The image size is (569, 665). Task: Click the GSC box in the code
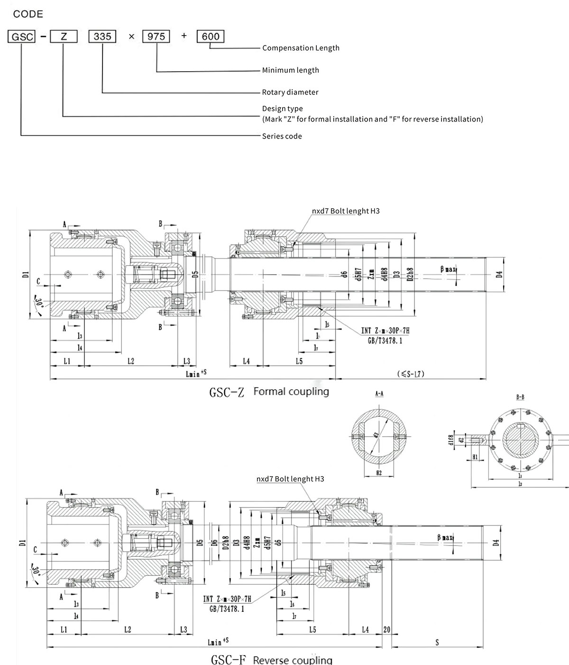[x=21, y=36]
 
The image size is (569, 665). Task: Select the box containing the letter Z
[x=64, y=36]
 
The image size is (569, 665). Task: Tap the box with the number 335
[x=102, y=36]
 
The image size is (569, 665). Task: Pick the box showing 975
[x=156, y=36]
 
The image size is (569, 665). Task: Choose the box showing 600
[x=210, y=36]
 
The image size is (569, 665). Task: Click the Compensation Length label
[x=301, y=48]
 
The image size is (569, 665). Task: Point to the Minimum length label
[x=290, y=70]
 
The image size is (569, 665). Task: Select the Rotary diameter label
[x=290, y=92]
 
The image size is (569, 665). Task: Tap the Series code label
[x=282, y=136]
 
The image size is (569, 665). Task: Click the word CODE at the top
[x=28, y=14]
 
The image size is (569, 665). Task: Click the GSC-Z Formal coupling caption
[x=269, y=392]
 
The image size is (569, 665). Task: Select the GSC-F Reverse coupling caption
[x=271, y=660]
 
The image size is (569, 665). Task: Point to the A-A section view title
[x=379, y=394]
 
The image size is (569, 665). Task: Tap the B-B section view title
[x=519, y=397]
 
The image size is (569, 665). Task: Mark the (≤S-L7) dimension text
[x=411, y=374]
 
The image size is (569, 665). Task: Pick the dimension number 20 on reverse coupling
[x=387, y=629]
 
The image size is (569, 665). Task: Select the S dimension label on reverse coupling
[x=437, y=642]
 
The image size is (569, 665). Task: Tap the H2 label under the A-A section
[x=378, y=472]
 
